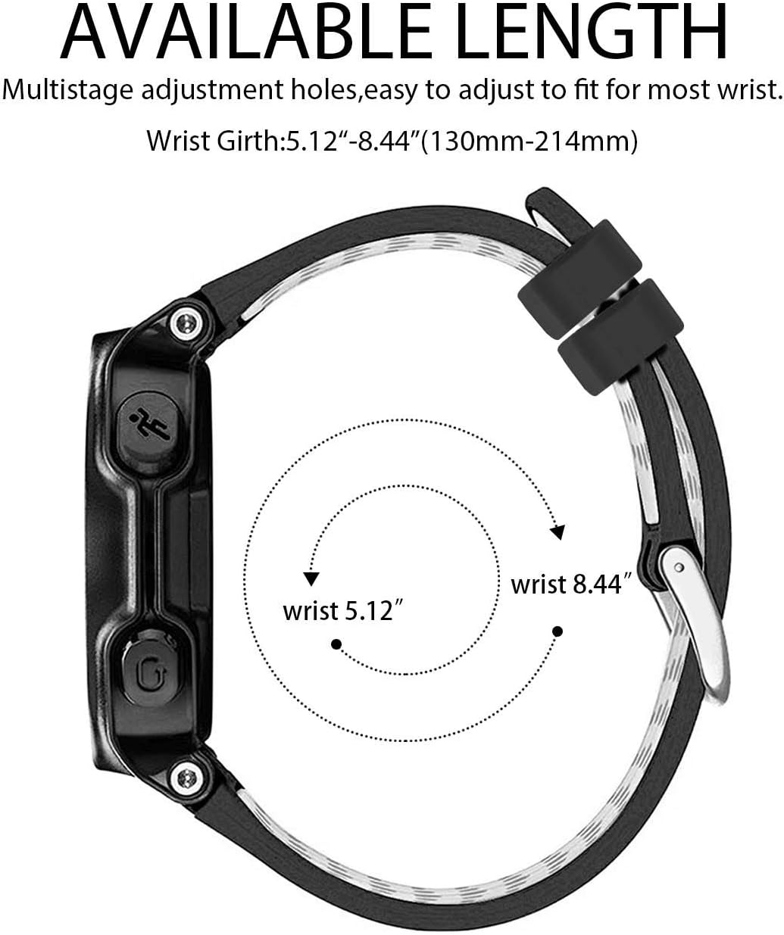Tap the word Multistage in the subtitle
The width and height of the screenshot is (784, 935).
click(68, 90)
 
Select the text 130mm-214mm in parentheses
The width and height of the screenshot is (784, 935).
click(529, 142)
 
